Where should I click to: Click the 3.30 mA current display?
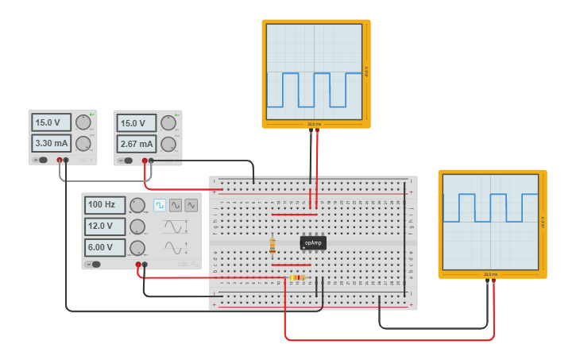pos(51,143)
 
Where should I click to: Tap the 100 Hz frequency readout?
pos(105,204)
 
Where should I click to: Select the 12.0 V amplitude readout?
pos(105,226)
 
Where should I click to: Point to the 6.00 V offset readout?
pos(105,247)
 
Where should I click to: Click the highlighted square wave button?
pos(160,205)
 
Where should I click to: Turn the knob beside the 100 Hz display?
pos(137,205)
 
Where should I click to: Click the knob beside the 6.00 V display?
pos(137,248)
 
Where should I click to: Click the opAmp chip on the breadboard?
pos(313,242)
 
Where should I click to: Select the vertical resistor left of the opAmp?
pos(273,245)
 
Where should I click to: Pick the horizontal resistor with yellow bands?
pos(298,277)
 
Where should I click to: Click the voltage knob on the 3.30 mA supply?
pos(83,122)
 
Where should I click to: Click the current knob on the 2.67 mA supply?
pos(168,144)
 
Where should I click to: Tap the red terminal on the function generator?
pos(138,265)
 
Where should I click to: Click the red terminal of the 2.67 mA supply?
pos(145,161)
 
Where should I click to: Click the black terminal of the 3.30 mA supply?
pos(66,161)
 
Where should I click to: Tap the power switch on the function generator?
pos(95,265)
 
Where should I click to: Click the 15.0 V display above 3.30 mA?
pos(51,122)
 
